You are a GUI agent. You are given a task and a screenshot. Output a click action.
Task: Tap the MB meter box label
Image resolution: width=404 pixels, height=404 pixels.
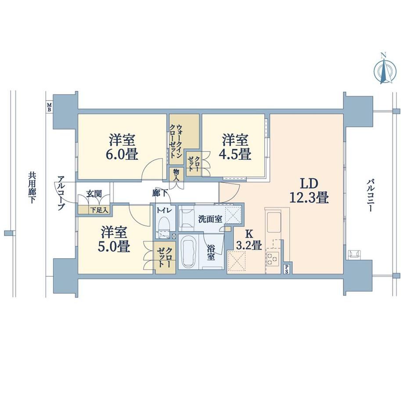[x=49, y=107]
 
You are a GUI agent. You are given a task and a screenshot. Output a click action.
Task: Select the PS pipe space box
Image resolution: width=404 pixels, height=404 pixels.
[x=286, y=269]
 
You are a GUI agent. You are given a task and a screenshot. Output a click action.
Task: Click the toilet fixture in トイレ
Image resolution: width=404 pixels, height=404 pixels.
[x=163, y=227]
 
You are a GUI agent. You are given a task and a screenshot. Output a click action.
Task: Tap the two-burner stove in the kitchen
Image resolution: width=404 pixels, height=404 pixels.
[x=273, y=259]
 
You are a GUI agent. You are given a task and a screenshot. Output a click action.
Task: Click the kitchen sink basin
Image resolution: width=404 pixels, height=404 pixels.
[x=274, y=222]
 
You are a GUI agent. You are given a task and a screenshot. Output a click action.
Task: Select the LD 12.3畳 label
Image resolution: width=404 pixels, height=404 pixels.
[x=309, y=191]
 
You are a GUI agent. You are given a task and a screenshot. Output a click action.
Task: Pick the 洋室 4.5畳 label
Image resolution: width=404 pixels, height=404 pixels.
[x=235, y=147]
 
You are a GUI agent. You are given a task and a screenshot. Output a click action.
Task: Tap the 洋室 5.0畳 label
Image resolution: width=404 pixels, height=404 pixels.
[x=114, y=239]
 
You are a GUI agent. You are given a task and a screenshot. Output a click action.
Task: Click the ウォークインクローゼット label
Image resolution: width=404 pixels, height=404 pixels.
[x=176, y=142]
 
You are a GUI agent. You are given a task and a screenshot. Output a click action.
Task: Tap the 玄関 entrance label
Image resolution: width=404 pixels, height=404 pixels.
[x=94, y=194]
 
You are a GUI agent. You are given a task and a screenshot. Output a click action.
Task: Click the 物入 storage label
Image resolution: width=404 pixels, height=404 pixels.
[x=176, y=175]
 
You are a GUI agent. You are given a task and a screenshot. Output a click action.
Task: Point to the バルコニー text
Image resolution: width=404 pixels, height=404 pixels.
[x=370, y=196]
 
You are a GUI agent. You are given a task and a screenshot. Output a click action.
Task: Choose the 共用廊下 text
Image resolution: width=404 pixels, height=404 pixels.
[x=32, y=188]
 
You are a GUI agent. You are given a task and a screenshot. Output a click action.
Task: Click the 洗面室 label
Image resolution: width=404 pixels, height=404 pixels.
[x=210, y=219]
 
